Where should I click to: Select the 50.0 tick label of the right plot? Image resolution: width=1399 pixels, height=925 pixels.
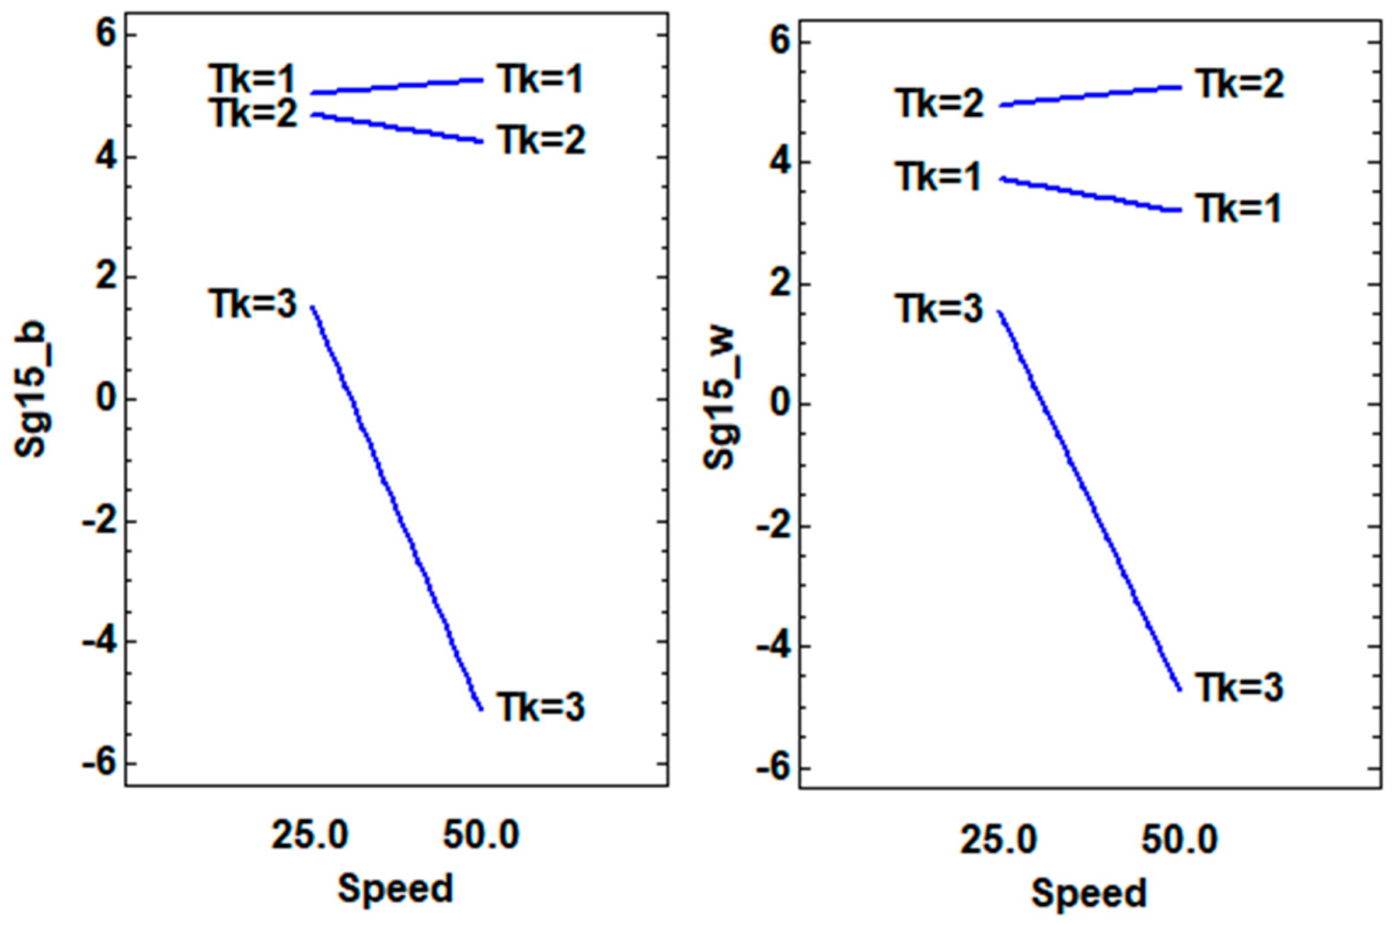1179,840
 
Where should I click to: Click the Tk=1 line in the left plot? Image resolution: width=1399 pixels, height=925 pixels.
396,86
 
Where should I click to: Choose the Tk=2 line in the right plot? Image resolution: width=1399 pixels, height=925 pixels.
1089,96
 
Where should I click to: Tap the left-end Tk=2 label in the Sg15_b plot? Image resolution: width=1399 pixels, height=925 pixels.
254,113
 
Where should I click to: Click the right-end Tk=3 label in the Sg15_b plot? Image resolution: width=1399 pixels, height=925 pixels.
540,707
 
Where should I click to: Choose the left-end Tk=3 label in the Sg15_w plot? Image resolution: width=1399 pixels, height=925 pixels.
940,309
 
